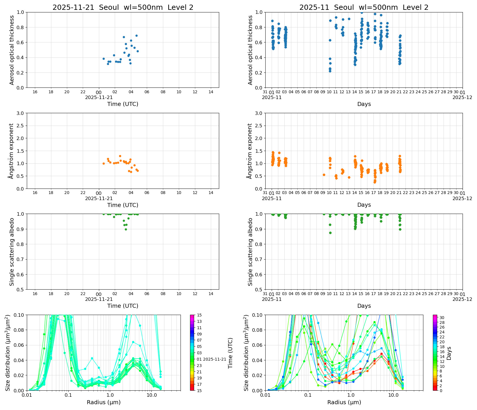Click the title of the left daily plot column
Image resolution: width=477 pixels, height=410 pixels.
(x=123, y=8)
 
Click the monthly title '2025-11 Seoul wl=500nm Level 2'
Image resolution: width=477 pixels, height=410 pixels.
(x=364, y=8)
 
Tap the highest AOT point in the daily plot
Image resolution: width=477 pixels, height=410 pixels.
(x=136, y=36)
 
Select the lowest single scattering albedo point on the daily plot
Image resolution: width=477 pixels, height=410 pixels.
(x=126, y=229)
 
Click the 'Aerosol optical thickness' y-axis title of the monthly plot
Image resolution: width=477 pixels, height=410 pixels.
(x=250, y=50)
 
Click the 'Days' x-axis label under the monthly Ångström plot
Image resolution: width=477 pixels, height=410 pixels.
(x=364, y=205)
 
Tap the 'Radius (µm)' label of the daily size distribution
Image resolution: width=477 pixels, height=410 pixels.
(x=104, y=402)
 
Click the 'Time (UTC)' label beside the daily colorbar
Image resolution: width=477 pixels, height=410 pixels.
(x=230, y=353)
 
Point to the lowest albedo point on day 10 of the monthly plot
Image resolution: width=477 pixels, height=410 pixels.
(x=330, y=233)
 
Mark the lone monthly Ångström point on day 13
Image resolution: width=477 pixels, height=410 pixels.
(x=349, y=177)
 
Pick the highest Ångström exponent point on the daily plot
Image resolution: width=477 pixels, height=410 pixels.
(x=120, y=156)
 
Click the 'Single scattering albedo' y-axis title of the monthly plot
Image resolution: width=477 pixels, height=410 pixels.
(x=250, y=252)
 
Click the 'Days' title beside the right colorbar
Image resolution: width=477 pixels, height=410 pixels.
(x=449, y=353)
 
